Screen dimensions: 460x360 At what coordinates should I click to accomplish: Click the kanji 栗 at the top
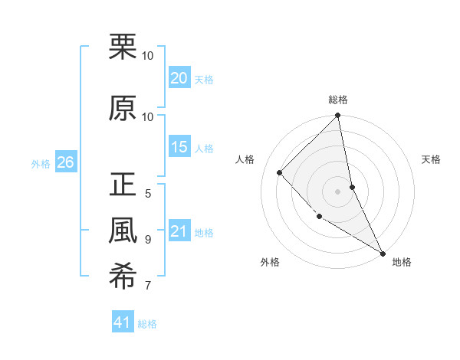[x=123, y=47]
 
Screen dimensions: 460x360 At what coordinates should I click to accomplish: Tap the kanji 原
[x=123, y=108]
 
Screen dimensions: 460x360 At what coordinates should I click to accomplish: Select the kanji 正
[x=123, y=186]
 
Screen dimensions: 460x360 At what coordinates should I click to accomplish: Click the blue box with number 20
[x=179, y=78]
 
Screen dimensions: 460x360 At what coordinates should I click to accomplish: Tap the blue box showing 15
[x=179, y=147]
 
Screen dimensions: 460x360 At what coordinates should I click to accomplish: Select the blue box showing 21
[x=179, y=231]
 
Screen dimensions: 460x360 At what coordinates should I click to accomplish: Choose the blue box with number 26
[x=65, y=162]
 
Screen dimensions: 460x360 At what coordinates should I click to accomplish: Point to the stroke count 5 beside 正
[x=148, y=193]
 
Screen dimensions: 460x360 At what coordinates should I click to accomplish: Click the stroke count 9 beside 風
[x=148, y=239]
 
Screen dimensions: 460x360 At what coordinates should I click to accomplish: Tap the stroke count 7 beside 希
[x=148, y=286]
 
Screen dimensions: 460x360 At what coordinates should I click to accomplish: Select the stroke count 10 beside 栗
[x=148, y=56]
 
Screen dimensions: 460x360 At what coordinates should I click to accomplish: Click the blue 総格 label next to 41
[x=147, y=324]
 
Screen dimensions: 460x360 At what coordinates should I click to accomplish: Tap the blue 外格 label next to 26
[x=41, y=163]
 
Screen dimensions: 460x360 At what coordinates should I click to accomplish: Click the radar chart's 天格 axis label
[x=432, y=159]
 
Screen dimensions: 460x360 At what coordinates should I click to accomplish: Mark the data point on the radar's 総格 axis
[x=338, y=116]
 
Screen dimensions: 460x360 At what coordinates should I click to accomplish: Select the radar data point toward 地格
[x=383, y=253]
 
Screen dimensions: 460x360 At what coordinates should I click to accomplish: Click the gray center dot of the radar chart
[x=338, y=191]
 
